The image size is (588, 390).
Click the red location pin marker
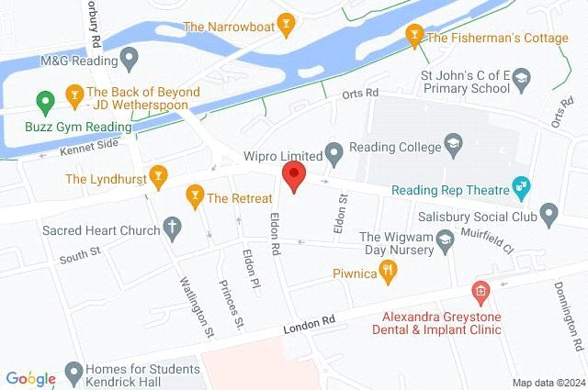pyautogui.click(x=293, y=175)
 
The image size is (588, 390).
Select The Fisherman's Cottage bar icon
pyautogui.click(x=414, y=38)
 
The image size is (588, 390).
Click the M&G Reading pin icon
pyautogui.click(x=131, y=61)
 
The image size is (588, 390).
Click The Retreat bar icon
pyautogui.click(x=194, y=195)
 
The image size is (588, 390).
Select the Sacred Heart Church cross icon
pyautogui.click(x=171, y=224)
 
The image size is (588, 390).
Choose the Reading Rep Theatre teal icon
pyautogui.click(x=523, y=190)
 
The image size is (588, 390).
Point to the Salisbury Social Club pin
pyautogui.click(x=549, y=216)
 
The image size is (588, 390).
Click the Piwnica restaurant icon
pyautogui.click(x=388, y=271)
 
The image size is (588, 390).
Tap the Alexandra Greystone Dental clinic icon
pyautogui.click(x=480, y=292)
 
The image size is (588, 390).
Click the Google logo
pyautogui.click(x=31, y=378)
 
